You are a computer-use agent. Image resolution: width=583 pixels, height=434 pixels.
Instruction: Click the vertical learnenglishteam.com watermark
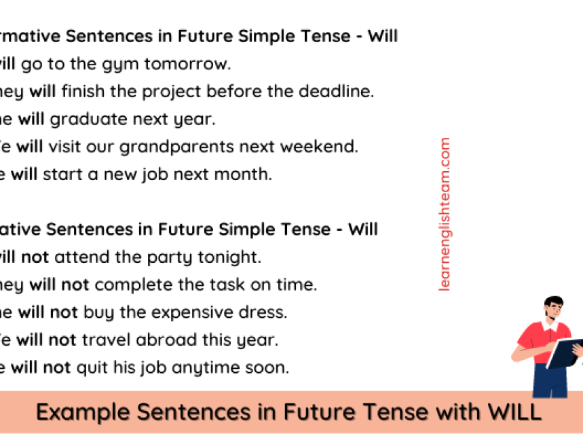tap(445, 214)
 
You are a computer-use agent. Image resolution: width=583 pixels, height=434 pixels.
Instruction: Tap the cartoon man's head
tap(553, 310)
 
